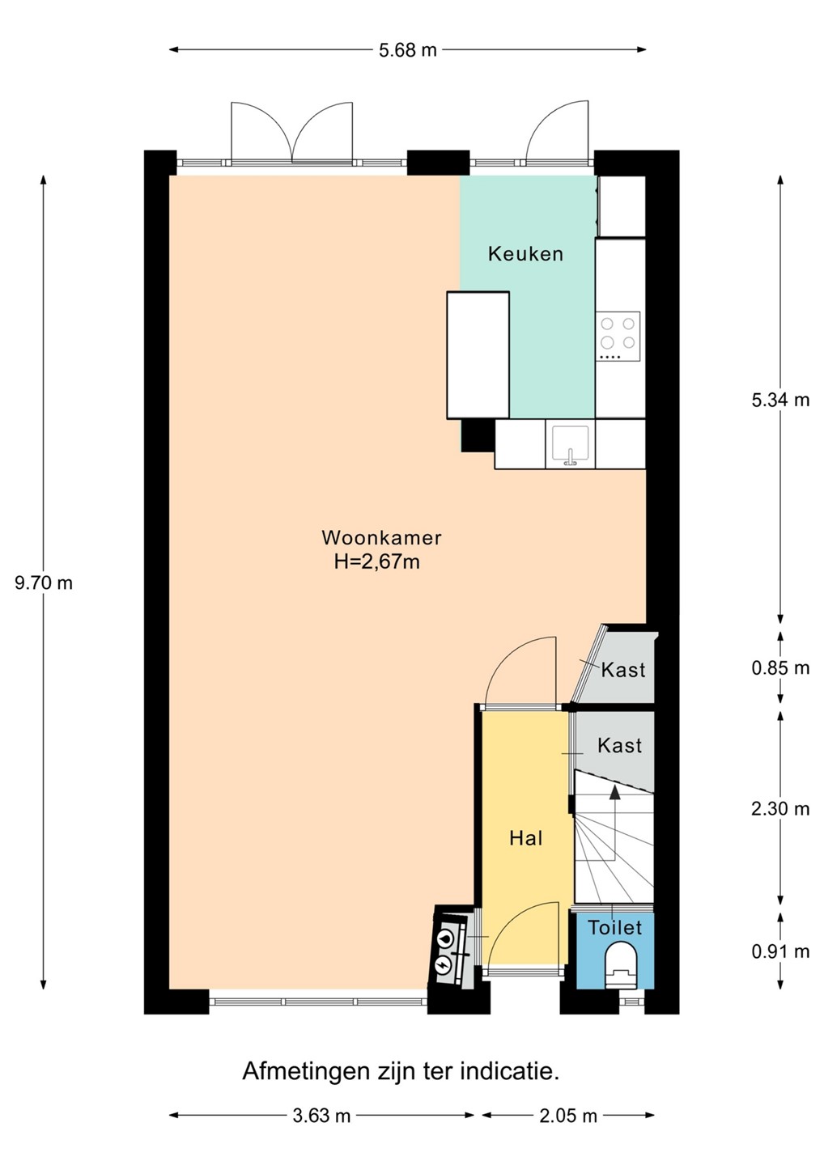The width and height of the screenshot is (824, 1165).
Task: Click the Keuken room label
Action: [525, 254]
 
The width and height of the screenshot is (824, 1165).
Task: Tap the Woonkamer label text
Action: [381, 538]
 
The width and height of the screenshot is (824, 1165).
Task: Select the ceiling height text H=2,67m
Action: [377, 562]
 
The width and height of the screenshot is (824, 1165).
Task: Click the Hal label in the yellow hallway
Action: [526, 838]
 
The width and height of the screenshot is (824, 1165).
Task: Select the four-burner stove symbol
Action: [618, 336]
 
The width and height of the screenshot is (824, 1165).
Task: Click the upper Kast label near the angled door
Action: [622, 670]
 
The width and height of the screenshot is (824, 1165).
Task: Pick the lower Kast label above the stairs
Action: [619, 746]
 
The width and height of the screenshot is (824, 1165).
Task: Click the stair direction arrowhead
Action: [615, 793]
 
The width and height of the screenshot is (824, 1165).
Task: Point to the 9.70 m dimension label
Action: [44, 583]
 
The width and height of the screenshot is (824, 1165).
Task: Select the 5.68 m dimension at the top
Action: [407, 50]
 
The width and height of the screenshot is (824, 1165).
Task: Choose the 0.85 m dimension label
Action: [780, 667]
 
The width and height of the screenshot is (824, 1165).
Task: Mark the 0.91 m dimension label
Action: [780, 951]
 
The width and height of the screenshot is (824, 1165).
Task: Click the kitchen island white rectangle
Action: [478, 355]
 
